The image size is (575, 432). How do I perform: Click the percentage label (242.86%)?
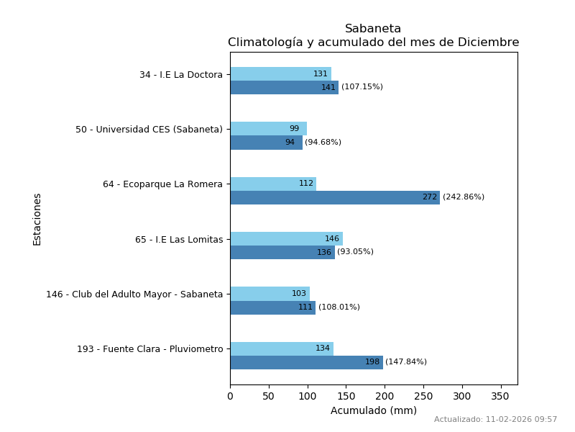click(x=464, y=197)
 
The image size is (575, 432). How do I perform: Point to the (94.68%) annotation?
click(x=323, y=143)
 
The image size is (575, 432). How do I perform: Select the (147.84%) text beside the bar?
click(x=406, y=362)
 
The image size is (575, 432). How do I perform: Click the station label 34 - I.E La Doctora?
click(x=181, y=75)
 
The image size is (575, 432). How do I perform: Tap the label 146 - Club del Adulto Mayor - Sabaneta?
click(x=134, y=294)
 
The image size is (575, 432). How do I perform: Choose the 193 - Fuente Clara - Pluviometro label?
click(x=150, y=349)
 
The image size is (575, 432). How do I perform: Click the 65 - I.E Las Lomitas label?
click(x=179, y=240)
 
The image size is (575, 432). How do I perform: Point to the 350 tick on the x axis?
click(x=501, y=396)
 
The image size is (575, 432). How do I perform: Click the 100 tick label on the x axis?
click(x=308, y=396)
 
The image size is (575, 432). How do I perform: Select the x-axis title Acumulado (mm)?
click(x=373, y=411)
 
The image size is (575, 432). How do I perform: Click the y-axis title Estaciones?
click(x=37, y=219)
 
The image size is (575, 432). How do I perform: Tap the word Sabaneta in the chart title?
click(x=373, y=29)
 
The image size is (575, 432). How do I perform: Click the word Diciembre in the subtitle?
click(x=487, y=42)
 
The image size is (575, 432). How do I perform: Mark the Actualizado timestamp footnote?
click(x=495, y=420)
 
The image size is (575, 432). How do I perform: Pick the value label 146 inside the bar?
click(x=332, y=239)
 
